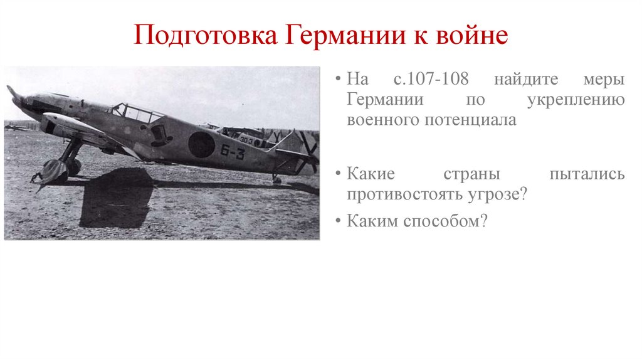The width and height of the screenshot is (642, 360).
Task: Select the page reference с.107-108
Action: pyautogui.click(x=433, y=81)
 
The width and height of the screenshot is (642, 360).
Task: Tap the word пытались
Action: pyautogui.click(x=587, y=174)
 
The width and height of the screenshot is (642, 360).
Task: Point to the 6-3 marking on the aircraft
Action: pyautogui.click(x=233, y=152)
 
